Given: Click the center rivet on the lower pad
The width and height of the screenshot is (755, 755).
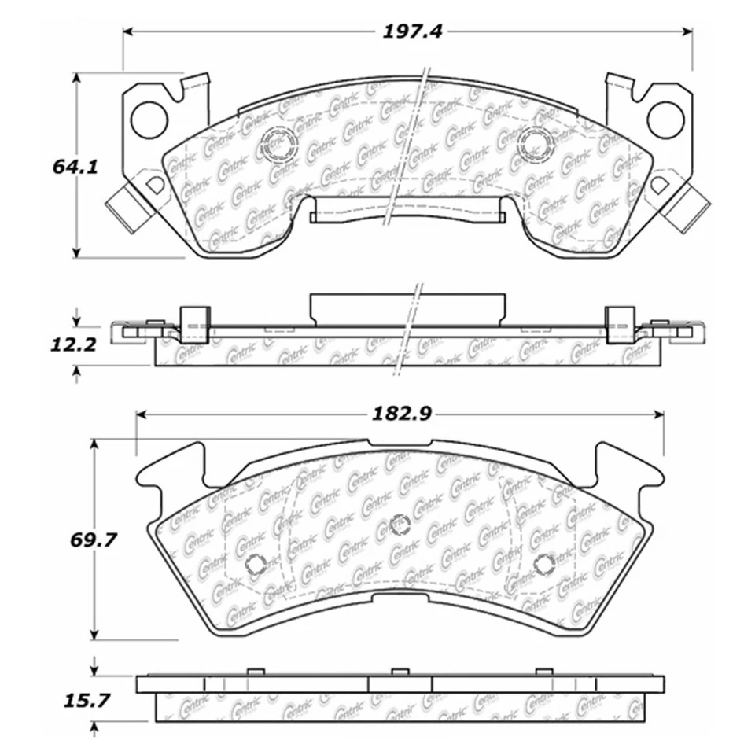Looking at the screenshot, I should (x=400, y=523).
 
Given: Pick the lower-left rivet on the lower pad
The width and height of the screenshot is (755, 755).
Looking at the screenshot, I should (x=255, y=563).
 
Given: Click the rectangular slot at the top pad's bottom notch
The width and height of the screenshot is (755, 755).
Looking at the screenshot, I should (x=406, y=213).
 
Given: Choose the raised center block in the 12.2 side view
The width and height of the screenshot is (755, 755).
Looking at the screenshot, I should (x=406, y=308).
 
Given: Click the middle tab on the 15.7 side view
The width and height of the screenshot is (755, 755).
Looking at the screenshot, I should (x=400, y=672).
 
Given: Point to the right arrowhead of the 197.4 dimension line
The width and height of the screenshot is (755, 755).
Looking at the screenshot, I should (x=686, y=31).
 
